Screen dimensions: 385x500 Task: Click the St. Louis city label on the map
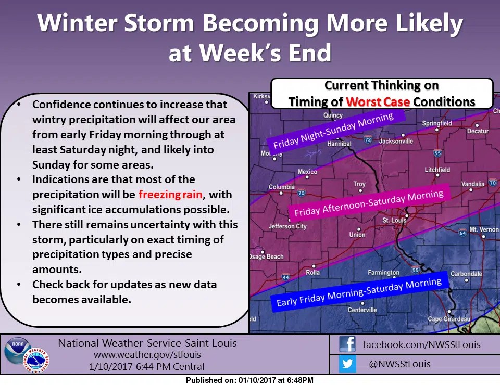coord(394,221)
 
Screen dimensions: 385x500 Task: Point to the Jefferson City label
coord(287,226)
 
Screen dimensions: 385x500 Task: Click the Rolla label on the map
coord(312,272)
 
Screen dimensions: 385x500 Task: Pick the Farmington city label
coord(383,272)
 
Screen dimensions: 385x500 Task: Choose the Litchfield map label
coord(438,170)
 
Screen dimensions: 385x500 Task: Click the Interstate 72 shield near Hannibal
coord(367,140)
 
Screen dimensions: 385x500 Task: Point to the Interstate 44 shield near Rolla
coord(285,278)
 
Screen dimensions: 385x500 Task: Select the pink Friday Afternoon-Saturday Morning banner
coord(369,203)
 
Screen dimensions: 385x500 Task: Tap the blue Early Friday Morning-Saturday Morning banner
coord(359,292)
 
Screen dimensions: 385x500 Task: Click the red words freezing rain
coord(170,195)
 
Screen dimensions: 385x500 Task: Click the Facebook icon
coord(347,344)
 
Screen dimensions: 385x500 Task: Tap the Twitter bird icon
coord(347,364)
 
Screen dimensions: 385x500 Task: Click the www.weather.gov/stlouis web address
coord(147,355)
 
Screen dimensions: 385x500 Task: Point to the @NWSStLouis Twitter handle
coord(399,364)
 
